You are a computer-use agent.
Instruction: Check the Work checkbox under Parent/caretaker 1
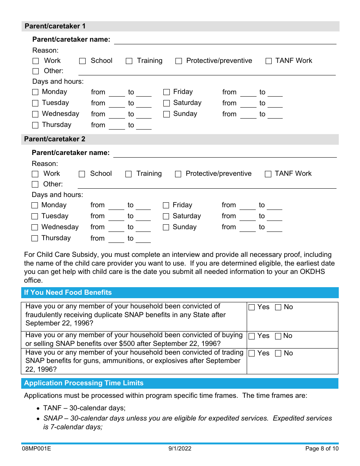pyautogui.click(x=36, y=61)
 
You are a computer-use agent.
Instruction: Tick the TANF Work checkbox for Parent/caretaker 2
pyautogui.click(x=268, y=174)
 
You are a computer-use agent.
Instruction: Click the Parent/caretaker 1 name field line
pyautogui.click(x=225, y=40)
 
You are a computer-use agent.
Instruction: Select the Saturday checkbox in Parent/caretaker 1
pyautogui.click(x=166, y=103)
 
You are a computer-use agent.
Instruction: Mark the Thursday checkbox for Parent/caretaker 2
pyautogui.click(x=35, y=238)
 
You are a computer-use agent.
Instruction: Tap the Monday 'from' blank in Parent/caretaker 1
pyautogui.click(x=117, y=93)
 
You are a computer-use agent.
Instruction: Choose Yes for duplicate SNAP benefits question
pyautogui.click(x=252, y=307)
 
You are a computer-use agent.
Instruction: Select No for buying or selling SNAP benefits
pyautogui.click(x=278, y=336)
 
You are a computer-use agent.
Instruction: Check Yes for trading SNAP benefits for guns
pyautogui.click(x=252, y=353)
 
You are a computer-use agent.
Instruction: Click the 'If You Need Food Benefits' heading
pyautogui.click(x=68, y=292)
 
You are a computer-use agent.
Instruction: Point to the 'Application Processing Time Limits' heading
pyautogui.click(x=84, y=383)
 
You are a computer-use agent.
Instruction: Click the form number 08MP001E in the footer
pyautogui.click(x=36, y=449)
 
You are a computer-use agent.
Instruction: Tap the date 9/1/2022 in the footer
pyautogui.click(x=180, y=449)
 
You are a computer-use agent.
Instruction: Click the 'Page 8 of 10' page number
pyautogui.click(x=322, y=449)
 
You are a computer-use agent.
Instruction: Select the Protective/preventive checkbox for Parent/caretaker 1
pyautogui.click(x=178, y=61)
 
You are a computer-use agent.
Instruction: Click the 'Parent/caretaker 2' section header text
pyautogui.click(x=55, y=139)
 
